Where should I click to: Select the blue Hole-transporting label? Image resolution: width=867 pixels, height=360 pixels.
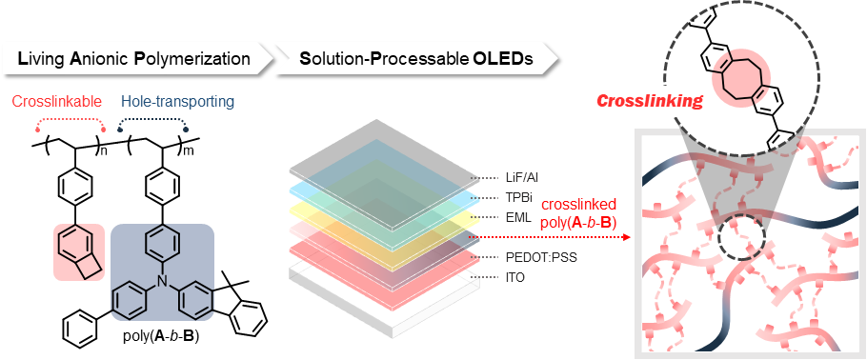pos(177,102)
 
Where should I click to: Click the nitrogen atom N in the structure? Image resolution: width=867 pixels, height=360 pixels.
pos(161,282)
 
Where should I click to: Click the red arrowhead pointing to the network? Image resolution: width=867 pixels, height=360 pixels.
pos(626,237)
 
